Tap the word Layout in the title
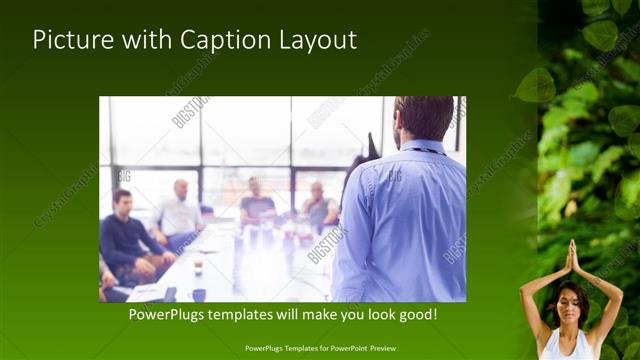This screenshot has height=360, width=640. (x=317, y=40)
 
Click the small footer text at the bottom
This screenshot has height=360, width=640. (x=319, y=348)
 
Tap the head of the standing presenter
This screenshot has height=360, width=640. (x=424, y=117)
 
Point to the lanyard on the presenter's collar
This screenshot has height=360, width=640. (x=425, y=151)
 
